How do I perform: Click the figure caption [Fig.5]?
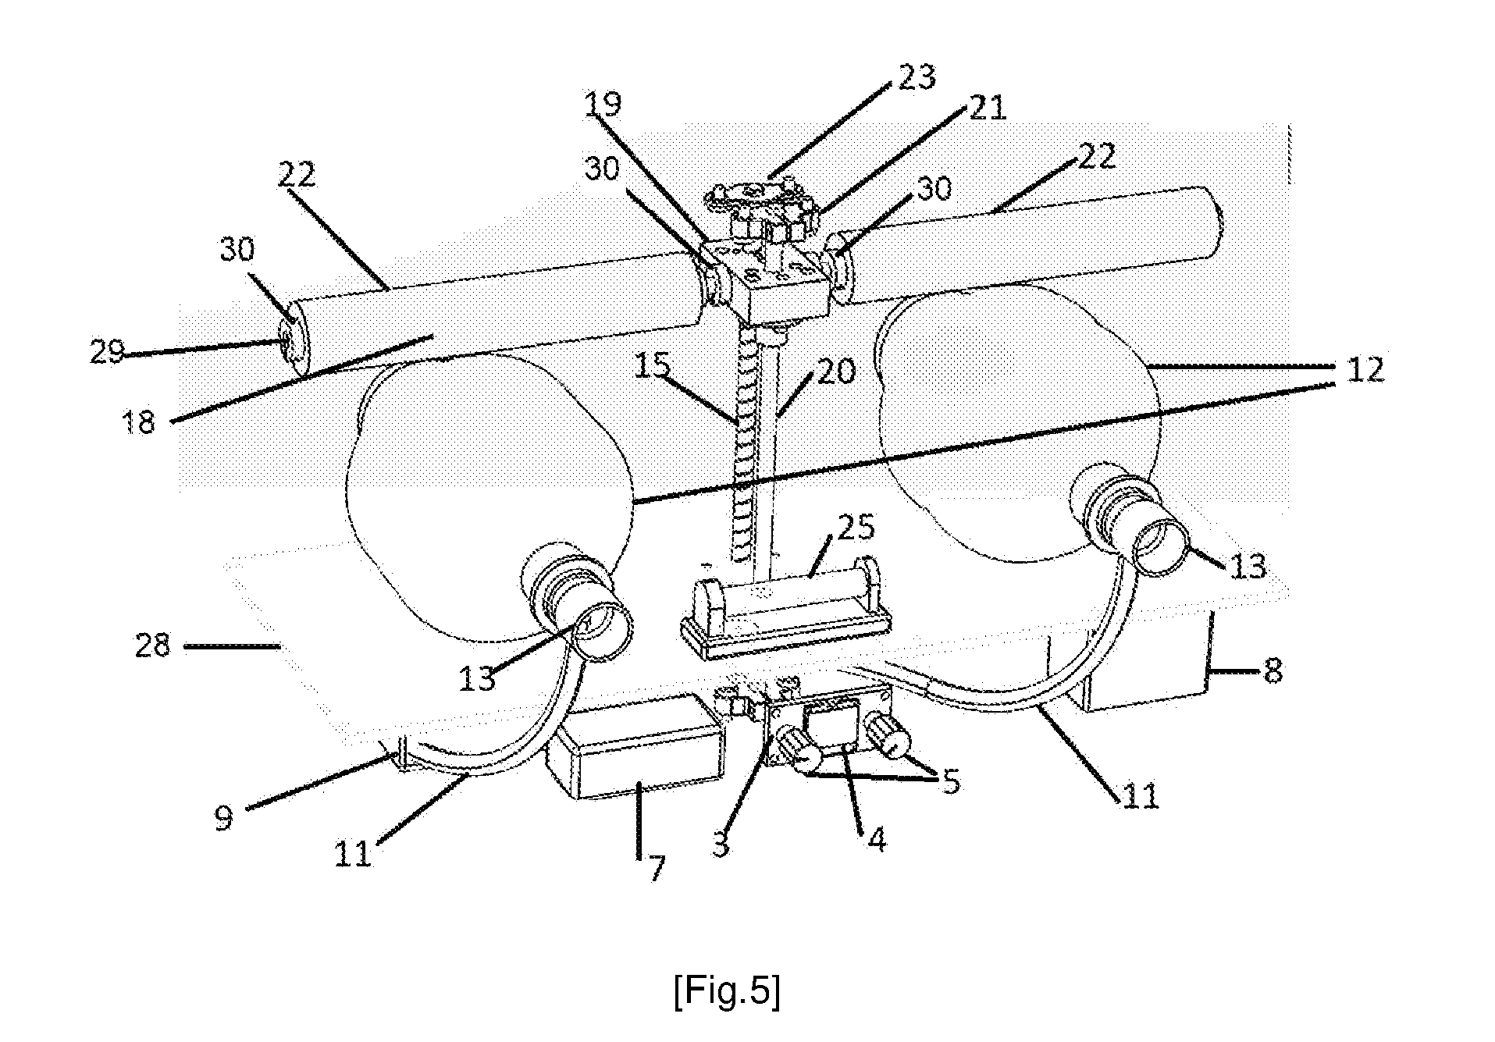click(727, 992)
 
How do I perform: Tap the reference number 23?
click(917, 77)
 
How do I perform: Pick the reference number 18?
click(139, 422)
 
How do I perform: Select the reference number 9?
click(224, 818)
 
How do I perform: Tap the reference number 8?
click(1273, 669)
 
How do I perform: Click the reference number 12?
click(1365, 368)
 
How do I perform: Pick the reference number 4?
click(877, 840)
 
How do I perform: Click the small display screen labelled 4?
click(835, 719)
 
